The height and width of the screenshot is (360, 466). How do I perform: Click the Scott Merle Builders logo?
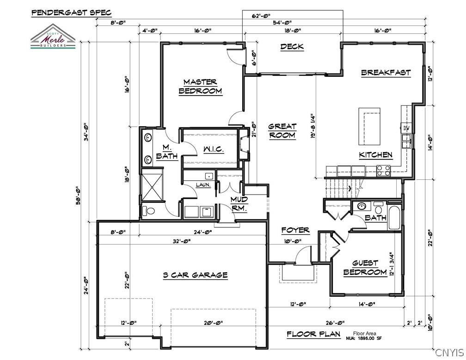click(53, 37)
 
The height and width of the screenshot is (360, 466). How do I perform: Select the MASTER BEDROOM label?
click(200, 86)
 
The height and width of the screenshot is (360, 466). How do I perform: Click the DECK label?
click(292, 46)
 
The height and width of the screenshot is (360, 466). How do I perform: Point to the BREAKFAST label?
click(386, 73)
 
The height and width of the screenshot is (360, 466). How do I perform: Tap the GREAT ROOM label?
click(282, 131)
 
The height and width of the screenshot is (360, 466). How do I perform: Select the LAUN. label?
click(203, 185)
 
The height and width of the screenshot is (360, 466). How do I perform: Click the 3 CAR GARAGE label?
click(195, 275)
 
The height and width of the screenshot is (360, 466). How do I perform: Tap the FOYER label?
click(295, 230)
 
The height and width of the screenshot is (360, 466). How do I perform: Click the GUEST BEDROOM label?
click(365, 268)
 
